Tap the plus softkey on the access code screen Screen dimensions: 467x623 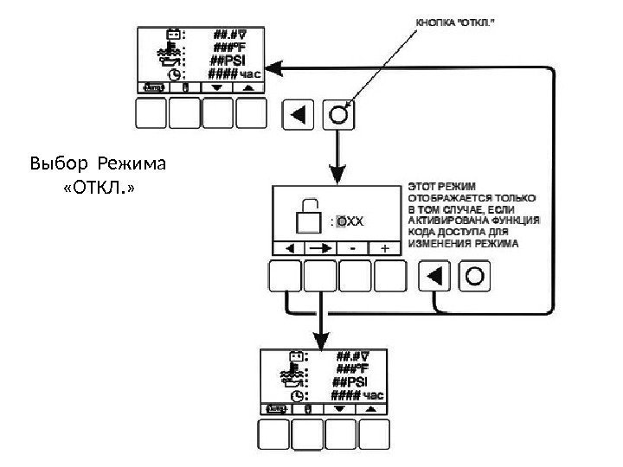pyautogui.click(x=384, y=248)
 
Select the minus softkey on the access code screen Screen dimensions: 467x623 pyautogui.click(x=353, y=248)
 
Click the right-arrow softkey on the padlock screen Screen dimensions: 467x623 pyautogui.click(x=320, y=248)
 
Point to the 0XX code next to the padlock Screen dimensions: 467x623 pyautogui.click(x=350, y=221)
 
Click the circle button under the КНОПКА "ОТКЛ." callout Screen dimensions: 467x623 pyautogui.click(x=337, y=115)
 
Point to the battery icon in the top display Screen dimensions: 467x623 pyautogui.click(x=173, y=35)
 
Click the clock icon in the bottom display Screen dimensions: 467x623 pyautogui.click(x=297, y=394)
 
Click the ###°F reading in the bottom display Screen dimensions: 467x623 pyautogui.click(x=353, y=368)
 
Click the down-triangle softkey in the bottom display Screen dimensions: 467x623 pyautogui.click(x=339, y=407)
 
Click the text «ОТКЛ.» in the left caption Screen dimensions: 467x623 pyautogui.click(x=100, y=186)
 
